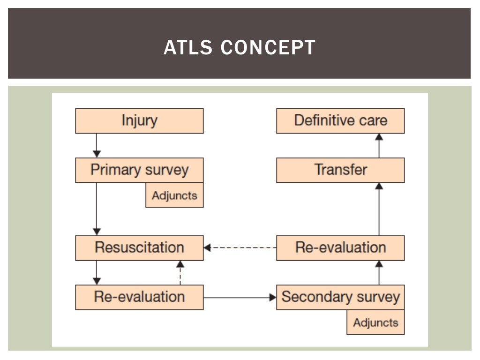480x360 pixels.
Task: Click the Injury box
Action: click(139, 121)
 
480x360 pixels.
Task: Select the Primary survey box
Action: click(139, 170)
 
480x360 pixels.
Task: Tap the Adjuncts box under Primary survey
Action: click(174, 195)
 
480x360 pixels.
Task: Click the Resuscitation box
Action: click(139, 248)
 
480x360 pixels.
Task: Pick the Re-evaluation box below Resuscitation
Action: click(139, 297)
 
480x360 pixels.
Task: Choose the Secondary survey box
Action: click(340, 297)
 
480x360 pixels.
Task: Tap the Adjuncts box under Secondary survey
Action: click(375, 322)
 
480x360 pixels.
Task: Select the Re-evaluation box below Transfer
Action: click(340, 248)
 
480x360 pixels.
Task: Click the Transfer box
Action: click(340, 170)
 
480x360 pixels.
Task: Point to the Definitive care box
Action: click(340, 121)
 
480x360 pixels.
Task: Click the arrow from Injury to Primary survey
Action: click(97, 145)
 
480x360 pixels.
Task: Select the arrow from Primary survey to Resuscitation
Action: click(97, 209)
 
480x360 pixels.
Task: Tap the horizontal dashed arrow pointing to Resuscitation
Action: click(240, 247)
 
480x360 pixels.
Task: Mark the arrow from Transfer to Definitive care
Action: click(379, 145)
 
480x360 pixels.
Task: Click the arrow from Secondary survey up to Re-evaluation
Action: click(379, 273)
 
